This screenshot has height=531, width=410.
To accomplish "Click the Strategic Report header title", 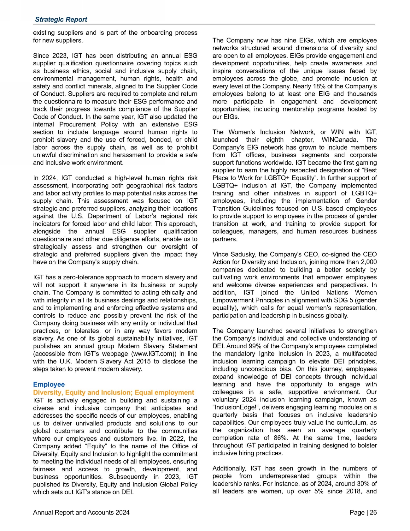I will coord(61,20).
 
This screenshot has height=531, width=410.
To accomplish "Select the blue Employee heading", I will coord(49,385).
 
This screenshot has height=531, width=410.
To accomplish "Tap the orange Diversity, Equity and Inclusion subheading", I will coord(114,392).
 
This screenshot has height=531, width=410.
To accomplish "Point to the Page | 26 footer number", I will coord(363,513).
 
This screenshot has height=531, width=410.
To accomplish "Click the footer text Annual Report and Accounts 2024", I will coord(81,513).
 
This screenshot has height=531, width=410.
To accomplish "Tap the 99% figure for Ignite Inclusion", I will coord(242,346).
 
